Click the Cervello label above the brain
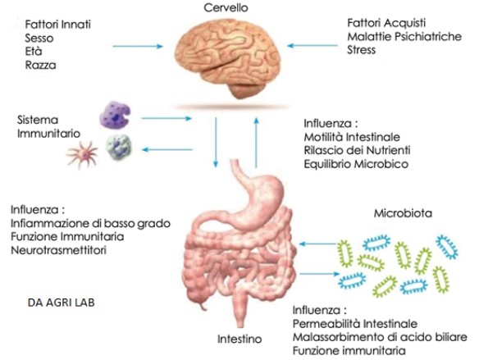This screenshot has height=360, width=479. tap(226, 7)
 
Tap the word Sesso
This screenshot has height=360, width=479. tap(39, 39)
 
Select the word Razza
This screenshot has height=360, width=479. tap(40, 65)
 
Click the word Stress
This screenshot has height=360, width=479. tap(361, 49)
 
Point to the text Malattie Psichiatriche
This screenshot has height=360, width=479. tap(404, 36)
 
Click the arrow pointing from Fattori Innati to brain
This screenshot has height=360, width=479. tap(138, 47)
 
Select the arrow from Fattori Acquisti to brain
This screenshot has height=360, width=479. tap(312, 46)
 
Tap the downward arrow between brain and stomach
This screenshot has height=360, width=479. tap(216, 143)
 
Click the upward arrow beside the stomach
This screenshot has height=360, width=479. tap(256, 143)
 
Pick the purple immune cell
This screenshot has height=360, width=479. tap(115, 115)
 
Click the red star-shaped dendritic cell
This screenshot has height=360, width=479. tap(82, 154)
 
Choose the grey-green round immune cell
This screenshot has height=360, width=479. tap(119, 148)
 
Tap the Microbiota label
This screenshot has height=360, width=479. tap(403, 213)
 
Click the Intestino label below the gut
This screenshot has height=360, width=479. tap(239, 339)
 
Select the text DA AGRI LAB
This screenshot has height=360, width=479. tap(61, 303)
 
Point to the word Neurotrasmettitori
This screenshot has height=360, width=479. tap(59, 250)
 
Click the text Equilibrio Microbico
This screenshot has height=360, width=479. tap(356, 164)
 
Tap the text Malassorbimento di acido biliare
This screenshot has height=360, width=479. tap(380, 337)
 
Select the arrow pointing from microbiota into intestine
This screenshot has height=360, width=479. tap(317, 244)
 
